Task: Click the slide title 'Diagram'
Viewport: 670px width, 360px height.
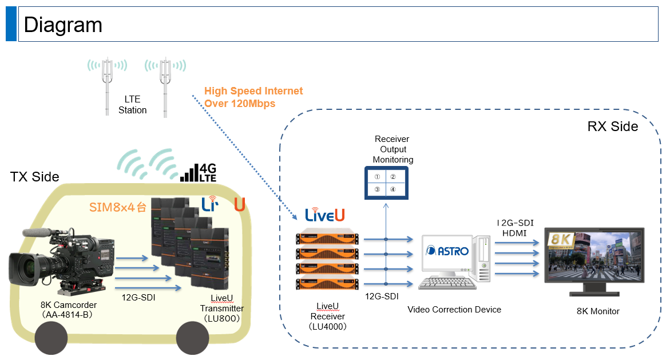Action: click(x=63, y=25)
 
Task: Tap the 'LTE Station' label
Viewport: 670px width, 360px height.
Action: click(x=132, y=105)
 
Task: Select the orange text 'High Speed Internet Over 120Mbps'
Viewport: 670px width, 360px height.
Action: click(x=253, y=97)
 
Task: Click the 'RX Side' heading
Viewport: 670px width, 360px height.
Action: click(x=612, y=126)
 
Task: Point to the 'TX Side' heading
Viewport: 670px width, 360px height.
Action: click(x=34, y=177)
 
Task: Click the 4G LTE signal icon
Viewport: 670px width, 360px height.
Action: click(x=198, y=172)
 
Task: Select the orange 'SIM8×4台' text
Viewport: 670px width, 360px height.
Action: click(x=117, y=207)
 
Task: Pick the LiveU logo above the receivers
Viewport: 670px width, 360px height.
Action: click(x=324, y=215)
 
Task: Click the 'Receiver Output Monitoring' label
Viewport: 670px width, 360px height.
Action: click(x=393, y=149)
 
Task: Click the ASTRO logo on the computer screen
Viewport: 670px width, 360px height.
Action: click(x=447, y=251)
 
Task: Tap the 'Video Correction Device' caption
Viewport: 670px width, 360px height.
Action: click(x=454, y=310)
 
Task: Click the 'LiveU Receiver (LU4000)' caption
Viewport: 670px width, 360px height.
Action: click(x=327, y=317)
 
